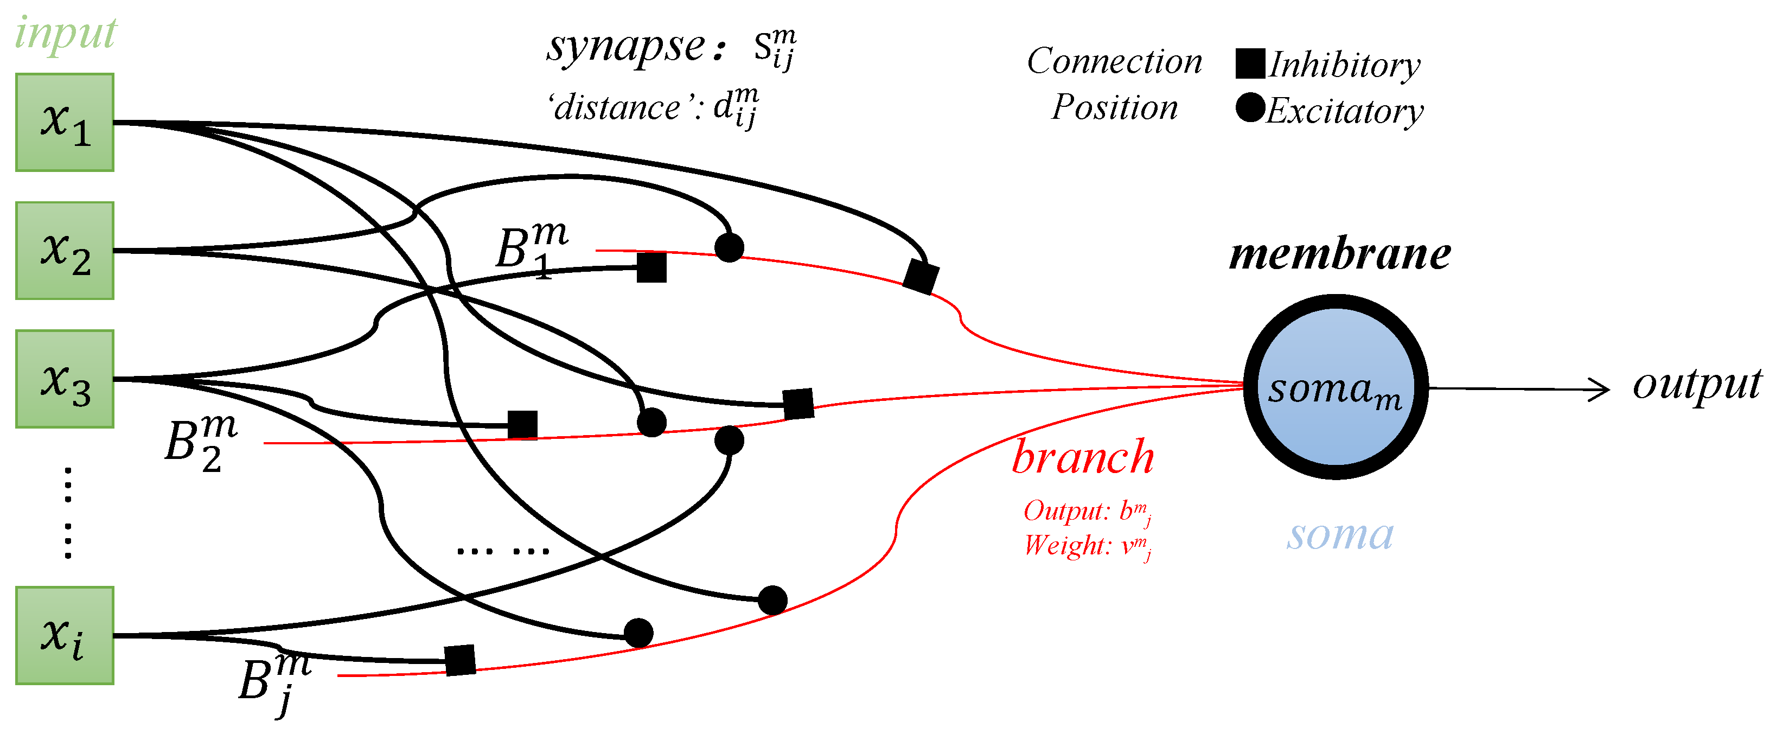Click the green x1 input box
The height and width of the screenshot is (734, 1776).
coord(65,123)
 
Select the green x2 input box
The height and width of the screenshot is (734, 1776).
coord(65,251)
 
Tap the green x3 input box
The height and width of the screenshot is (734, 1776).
coord(65,379)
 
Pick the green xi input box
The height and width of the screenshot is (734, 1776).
coord(65,635)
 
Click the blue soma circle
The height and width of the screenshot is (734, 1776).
coord(1336,387)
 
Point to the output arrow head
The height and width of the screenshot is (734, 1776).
coord(1603,390)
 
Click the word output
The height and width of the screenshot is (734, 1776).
coord(1696,385)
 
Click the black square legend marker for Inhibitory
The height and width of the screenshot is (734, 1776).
coord(1250,63)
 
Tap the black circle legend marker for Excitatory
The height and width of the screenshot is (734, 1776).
coord(1250,108)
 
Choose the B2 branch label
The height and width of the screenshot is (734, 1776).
coord(200,441)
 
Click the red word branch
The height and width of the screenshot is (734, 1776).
coord(1082,458)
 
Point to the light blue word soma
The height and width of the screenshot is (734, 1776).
coord(1339,535)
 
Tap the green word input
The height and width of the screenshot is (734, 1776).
coord(66,33)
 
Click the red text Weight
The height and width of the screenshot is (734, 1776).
coord(1066,546)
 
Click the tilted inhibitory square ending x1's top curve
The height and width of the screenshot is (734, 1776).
coord(921,276)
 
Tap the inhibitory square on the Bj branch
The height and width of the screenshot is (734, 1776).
coord(460,660)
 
